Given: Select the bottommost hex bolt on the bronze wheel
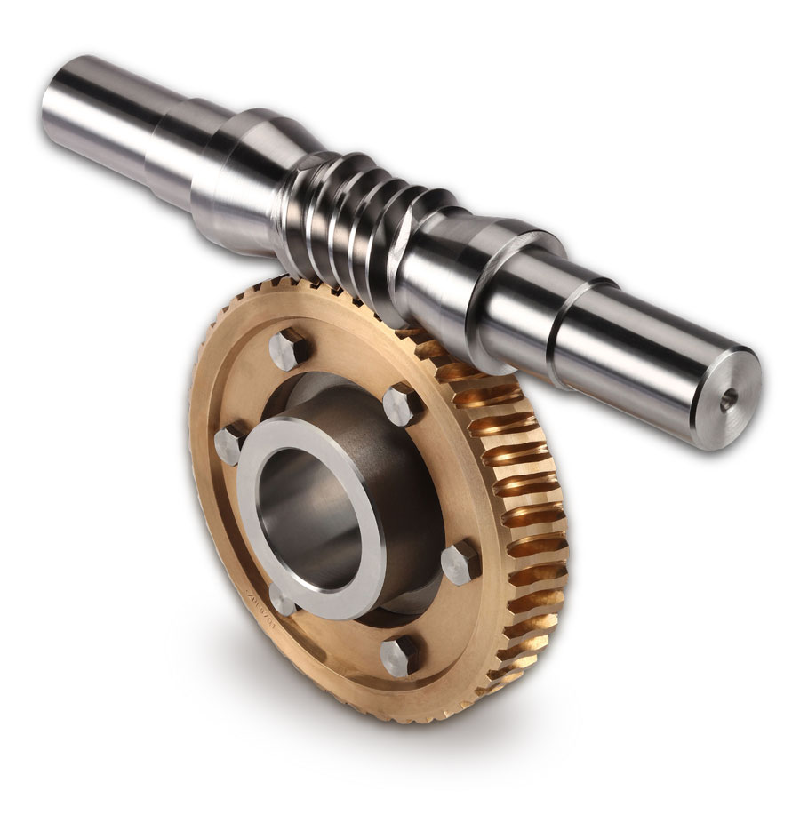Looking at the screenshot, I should coord(400,655).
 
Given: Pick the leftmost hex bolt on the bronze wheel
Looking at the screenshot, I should coord(231,442).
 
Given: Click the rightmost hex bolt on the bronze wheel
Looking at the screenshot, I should coord(460,562).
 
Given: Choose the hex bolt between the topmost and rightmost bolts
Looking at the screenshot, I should coord(403,404).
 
